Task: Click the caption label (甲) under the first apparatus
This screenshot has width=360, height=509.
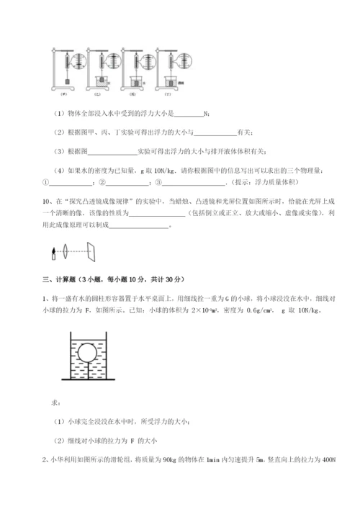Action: point(64,93)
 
